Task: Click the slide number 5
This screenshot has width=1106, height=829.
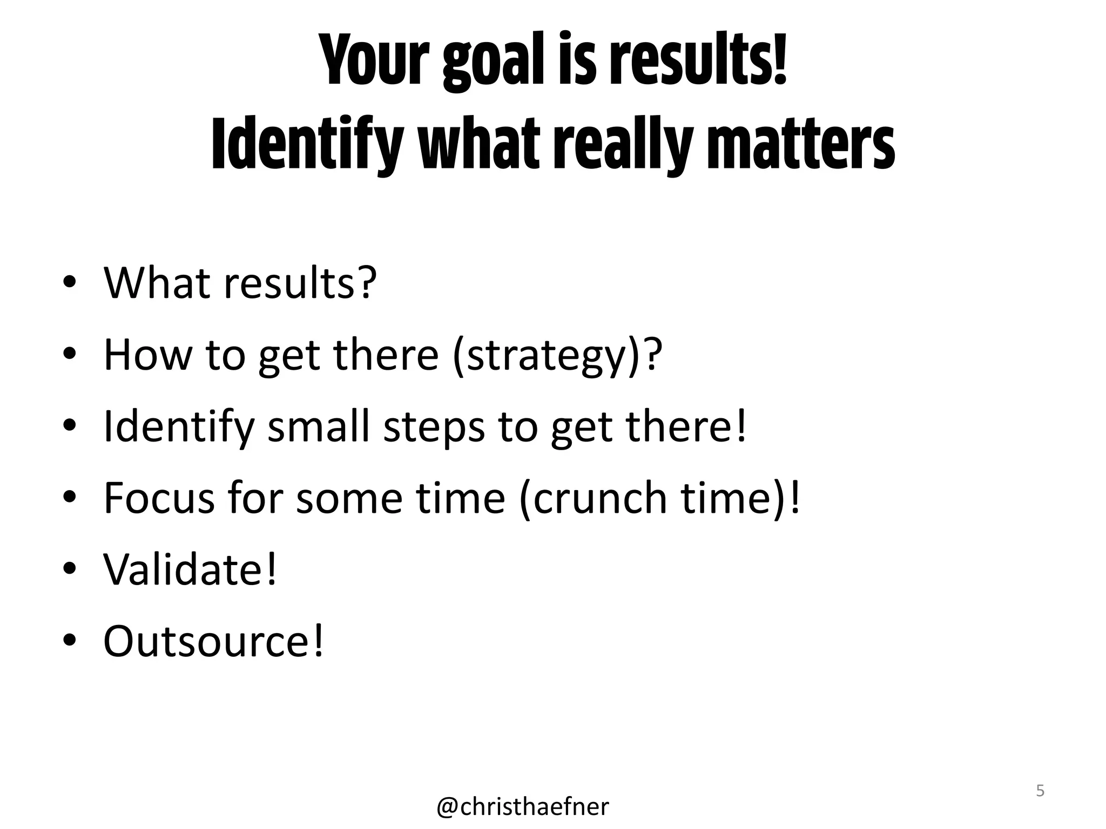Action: coord(1040,791)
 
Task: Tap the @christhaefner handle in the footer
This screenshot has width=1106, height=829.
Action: coord(523,806)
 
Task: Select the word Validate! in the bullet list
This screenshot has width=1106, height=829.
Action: coord(190,569)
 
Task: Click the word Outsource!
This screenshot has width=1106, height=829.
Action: coord(214,641)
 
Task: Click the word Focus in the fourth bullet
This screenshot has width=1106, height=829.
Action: coord(159,497)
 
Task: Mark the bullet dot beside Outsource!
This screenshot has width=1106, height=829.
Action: coord(69,641)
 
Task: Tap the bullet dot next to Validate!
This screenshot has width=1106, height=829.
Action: coord(69,569)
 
